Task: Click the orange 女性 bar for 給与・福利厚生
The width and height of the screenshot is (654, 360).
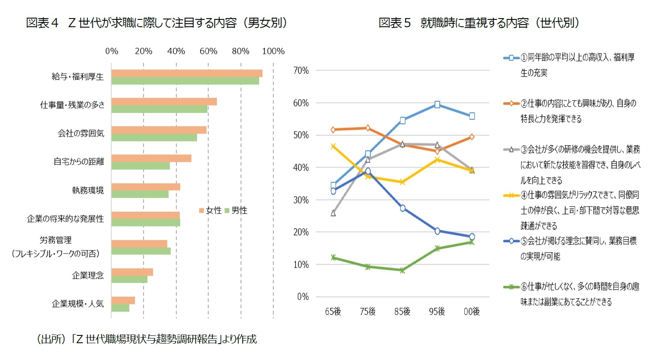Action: point(187,73)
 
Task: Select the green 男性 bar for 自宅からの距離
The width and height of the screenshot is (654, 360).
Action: point(141,166)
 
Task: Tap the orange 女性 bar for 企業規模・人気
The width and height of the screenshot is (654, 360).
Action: point(123,300)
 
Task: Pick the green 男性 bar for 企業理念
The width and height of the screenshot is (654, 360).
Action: point(129,279)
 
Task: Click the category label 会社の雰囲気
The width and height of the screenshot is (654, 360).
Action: point(81,133)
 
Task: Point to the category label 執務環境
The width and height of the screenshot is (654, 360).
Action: point(88,190)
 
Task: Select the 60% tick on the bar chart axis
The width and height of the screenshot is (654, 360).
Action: point(208,51)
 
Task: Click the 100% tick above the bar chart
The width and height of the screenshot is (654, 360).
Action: point(273,51)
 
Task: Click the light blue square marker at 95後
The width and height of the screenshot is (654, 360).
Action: point(437,104)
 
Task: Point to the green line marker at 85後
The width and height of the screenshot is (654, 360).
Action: point(402,270)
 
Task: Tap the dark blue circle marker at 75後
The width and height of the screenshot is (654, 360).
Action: point(368,171)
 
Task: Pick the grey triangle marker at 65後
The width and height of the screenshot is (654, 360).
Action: point(333,213)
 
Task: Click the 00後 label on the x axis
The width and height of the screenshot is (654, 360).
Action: point(472,311)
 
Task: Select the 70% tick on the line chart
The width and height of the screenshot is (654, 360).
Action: point(301,71)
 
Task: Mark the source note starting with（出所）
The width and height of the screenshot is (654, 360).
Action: point(147,339)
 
